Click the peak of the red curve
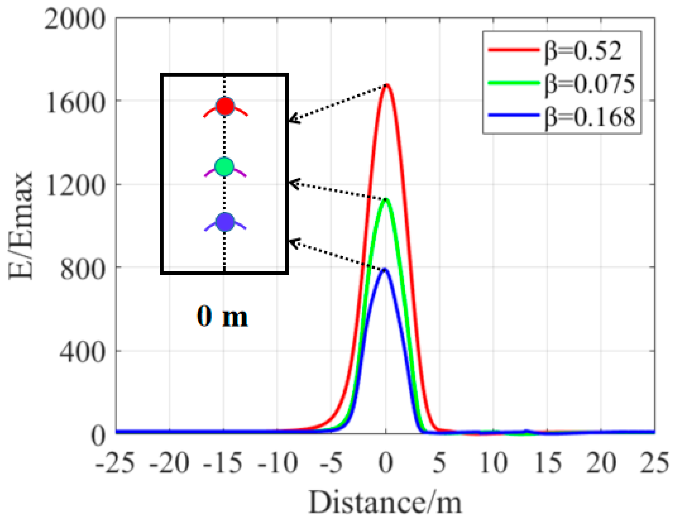point(386,85)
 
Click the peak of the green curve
point(386,199)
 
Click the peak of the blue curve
point(385,270)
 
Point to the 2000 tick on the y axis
point(74,19)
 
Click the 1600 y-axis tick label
point(75,102)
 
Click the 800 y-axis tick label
point(82,269)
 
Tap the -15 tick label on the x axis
point(223,463)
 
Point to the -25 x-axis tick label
point(115,463)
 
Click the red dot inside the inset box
point(225,107)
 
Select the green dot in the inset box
point(224,167)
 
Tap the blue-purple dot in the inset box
point(225,222)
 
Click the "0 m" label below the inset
point(222,317)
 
